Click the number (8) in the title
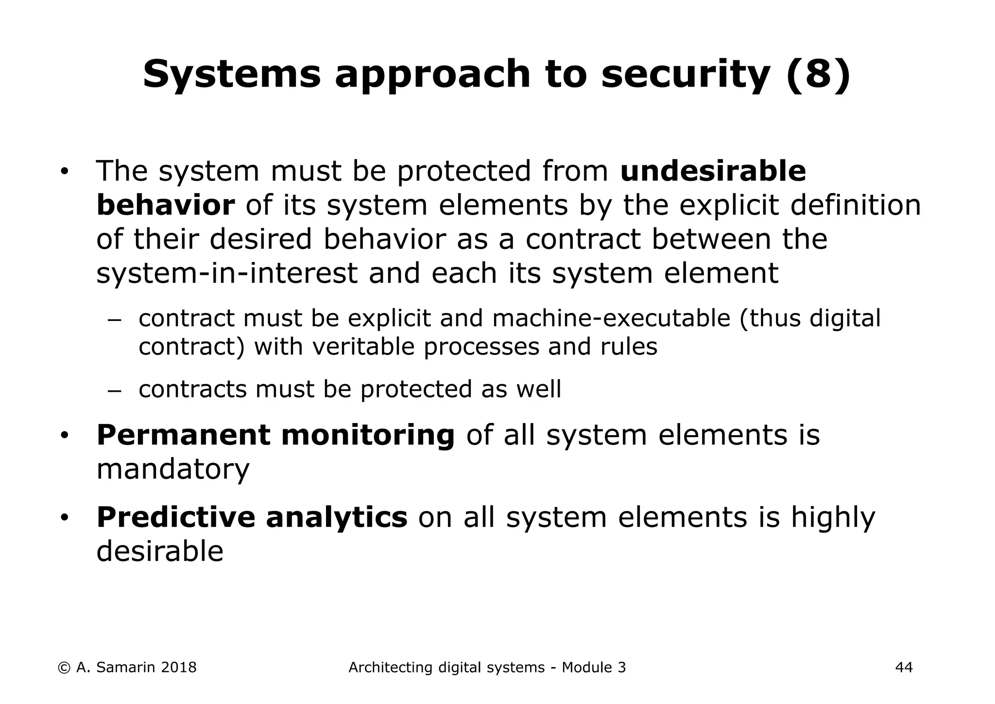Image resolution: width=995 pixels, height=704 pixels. [818, 74]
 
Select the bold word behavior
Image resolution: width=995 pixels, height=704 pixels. [166, 205]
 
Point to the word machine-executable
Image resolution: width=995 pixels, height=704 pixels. [611, 318]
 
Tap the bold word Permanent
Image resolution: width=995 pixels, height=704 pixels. [183, 435]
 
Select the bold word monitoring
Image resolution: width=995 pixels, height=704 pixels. [368, 436]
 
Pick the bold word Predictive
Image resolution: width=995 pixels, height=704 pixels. [175, 517]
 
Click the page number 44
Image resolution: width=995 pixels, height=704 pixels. [904, 668]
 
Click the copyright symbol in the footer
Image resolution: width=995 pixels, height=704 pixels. [64, 668]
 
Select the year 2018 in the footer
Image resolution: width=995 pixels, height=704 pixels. [178, 668]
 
